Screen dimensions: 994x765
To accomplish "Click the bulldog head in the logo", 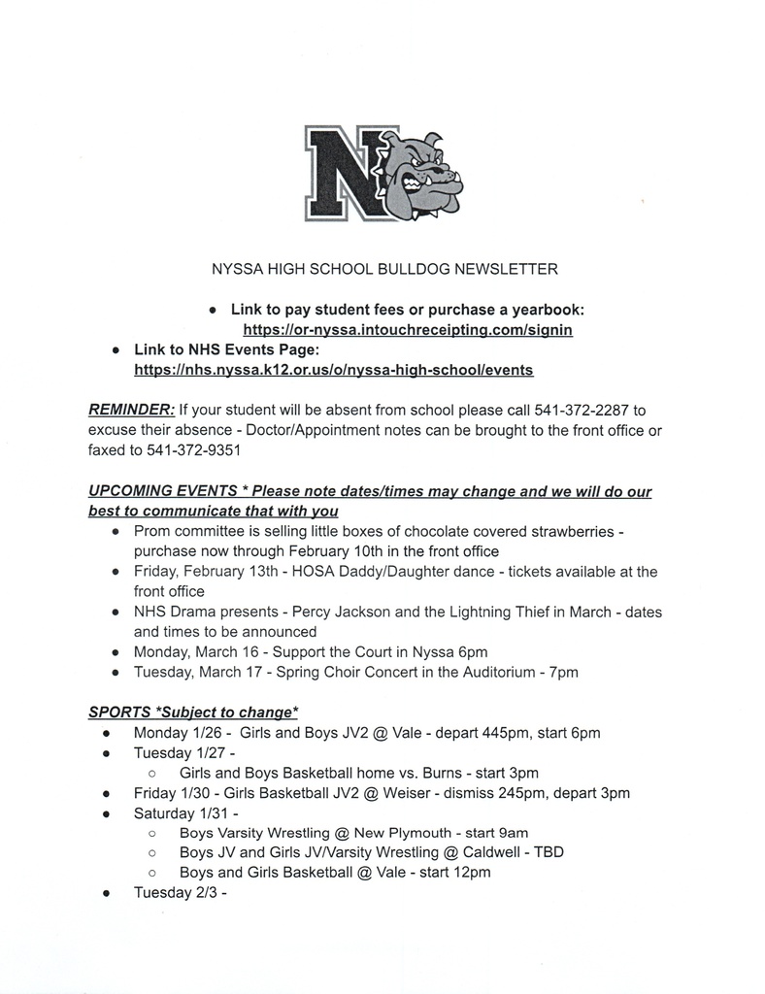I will click(x=424, y=175).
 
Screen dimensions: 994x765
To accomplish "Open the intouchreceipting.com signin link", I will click(x=408, y=330).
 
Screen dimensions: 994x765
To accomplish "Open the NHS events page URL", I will click(x=333, y=370).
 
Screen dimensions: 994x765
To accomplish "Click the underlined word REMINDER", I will click(x=131, y=410).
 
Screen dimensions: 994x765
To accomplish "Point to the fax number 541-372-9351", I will click(x=194, y=450).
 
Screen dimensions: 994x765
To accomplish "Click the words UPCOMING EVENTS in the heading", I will click(x=156, y=491).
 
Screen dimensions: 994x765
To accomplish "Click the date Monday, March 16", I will click(x=187, y=651).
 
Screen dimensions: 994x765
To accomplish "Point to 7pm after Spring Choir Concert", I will click(x=564, y=672).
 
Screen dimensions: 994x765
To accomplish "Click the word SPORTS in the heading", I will click(x=119, y=712).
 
